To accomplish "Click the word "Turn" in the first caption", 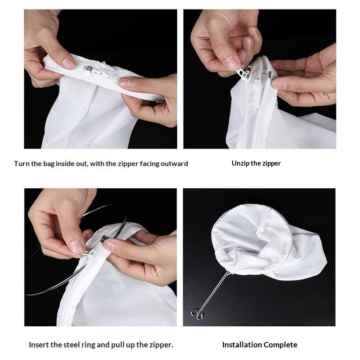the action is coord(22,164).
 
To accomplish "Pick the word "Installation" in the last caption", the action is coord(242,345).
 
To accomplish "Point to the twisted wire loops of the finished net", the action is coord(197,314).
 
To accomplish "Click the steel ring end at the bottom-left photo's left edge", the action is coord(27,295).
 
